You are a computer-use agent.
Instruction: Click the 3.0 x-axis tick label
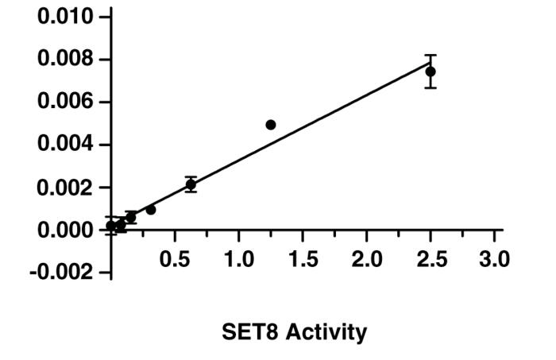coord(493,260)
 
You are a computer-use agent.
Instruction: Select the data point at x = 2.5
coord(430,72)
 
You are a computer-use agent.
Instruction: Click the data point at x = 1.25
coord(271,125)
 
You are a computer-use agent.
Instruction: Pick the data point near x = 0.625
coord(191,184)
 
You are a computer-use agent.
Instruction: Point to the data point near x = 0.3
coord(151,210)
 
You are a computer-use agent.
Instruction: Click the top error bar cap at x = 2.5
coord(430,55)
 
